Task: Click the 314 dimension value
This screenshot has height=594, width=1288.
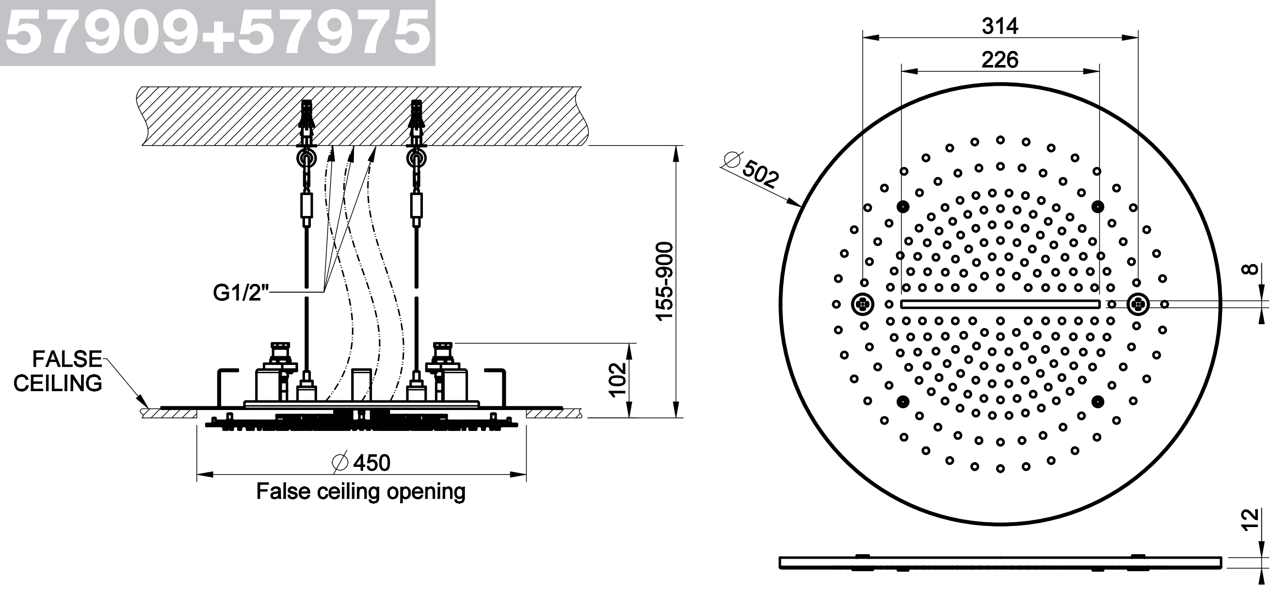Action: tap(1000, 26)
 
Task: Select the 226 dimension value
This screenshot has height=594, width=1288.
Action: tap(1000, 60)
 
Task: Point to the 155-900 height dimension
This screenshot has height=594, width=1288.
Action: tap(664, 281)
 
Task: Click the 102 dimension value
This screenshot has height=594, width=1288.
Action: tap(618, 379)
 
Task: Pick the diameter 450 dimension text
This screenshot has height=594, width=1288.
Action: tap(361, 463)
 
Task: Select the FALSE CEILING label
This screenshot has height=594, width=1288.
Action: tap(58, 371)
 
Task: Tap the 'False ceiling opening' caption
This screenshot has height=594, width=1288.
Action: tap(360, 492)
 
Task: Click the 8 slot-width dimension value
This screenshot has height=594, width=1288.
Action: tap(1259, 270)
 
